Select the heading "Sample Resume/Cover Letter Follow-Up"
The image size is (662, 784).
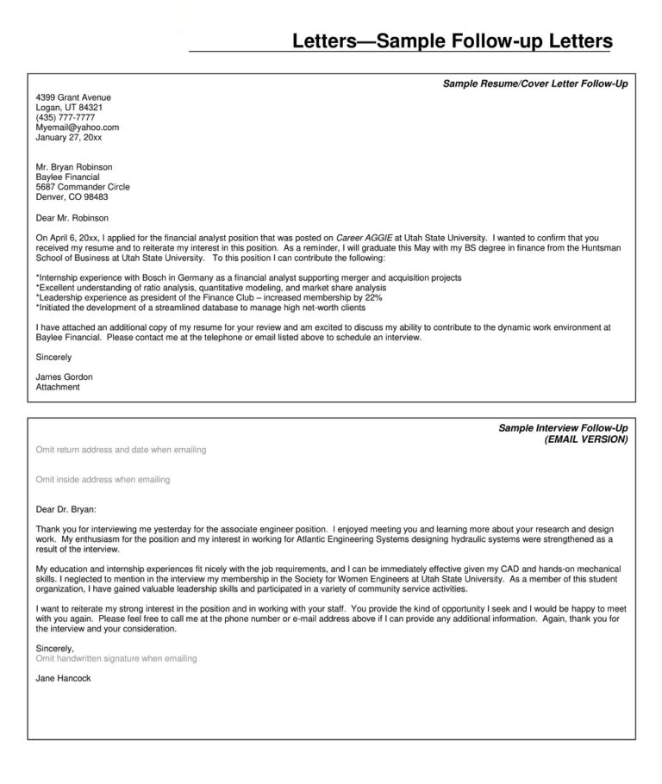(534, 84)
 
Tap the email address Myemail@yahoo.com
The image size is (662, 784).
(77, 128)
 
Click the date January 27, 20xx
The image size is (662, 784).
(69, 137)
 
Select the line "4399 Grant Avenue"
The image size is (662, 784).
(73, 97)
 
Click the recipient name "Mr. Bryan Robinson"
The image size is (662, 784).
(74, 166)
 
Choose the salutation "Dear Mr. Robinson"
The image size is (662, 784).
(72, 218)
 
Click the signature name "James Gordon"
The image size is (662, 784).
(64, 377)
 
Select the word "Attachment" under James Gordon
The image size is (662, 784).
(58, 387)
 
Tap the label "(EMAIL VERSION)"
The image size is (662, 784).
(586, 439)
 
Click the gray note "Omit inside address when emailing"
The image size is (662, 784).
(103, 479)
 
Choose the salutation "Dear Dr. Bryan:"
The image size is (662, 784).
(66, 509)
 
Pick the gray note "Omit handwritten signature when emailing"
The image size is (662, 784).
(116, 658)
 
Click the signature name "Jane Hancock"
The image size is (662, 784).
(63, 678)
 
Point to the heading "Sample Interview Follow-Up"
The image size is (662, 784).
(563, 428)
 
